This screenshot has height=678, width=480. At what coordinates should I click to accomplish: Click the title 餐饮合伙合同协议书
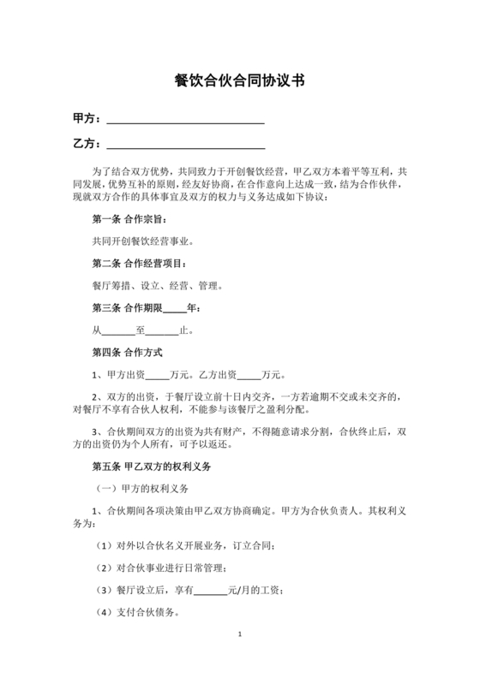coord(240,81)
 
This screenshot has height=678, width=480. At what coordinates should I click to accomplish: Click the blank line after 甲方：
coord(184,118)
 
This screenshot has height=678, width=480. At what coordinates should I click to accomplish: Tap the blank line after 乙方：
coord(184,143)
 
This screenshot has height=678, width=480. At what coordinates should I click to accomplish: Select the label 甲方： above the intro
coord(87,118)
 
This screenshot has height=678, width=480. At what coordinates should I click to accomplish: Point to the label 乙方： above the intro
coord(87,143)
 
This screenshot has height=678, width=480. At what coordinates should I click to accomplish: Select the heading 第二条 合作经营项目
coord(140,264)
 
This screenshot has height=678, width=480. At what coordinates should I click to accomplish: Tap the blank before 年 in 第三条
coord(173,307)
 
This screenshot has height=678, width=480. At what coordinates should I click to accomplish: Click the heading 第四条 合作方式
coord(127,352)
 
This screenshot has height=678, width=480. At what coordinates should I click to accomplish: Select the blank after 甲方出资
coord(158,374)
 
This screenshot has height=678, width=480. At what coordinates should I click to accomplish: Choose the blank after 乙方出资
coord(248,374)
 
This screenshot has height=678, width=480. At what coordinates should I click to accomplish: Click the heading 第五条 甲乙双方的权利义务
coord(150,468)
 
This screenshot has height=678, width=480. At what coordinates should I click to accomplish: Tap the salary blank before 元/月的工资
coord(210,591)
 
